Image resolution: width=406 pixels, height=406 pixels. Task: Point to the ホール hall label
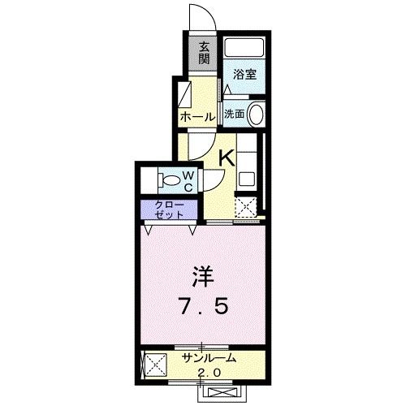pyautogui.click(x=197, y=117)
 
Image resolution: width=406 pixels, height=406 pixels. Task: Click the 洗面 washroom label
pyautogui.click(x=234, y=114)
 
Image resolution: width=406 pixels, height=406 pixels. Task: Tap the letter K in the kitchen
pyautogui.click(x=227, y=159)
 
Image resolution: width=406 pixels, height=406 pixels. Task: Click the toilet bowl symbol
pyautogui.click(x=170, y=179)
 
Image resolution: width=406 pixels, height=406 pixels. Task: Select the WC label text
pyautogui.click(x=187, y=181)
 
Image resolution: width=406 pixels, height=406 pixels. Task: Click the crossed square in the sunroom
pyautogui.click(x=151, y=365)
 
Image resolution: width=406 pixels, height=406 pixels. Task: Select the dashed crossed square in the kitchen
pyautogui.click(x=245, y=206)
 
